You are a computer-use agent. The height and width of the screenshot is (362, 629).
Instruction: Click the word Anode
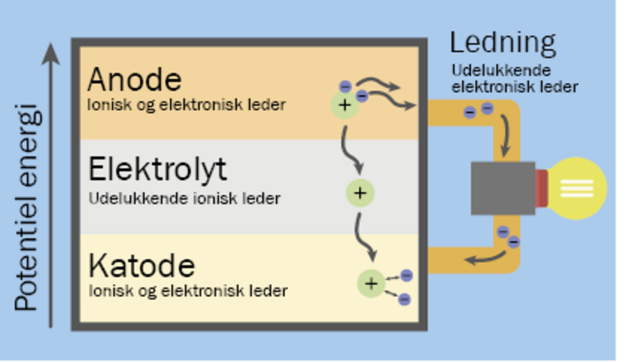pyautogui.click(x=134, y=79)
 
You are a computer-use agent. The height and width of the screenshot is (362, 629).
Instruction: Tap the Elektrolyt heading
pyautogui.click(x=157, y=169)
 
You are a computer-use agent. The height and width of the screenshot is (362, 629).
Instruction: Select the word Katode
pyautogui.click(x=142, y=265)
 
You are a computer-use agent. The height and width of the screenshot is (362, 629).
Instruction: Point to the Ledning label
pyautogui.click(x=502, y=43)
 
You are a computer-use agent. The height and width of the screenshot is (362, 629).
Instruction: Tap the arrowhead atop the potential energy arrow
pyautogui.click(x=51, y=53)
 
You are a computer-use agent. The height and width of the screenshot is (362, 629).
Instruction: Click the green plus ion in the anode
pyautogui.click(x=344, y=104)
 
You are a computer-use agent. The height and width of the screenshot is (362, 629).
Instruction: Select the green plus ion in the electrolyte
pyautogui.click(x=359, y=192)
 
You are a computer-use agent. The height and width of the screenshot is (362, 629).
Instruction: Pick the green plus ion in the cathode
pyautogui.click(x=370, y=283)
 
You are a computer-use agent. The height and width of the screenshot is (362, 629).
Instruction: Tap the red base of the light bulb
pyautogui.click(x=541, y=188)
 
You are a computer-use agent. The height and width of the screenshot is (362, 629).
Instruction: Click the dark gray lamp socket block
pyautogui.click(x=502, y=188)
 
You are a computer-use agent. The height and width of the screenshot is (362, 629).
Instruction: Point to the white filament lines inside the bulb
pyautogui.click(x=586, y=188)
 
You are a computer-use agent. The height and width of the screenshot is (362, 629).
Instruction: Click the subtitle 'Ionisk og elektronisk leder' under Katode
pyautogui.click(x=187, y=291)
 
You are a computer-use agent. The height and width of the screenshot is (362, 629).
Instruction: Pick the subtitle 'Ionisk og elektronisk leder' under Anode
pyautogui.click(x=187, y=104)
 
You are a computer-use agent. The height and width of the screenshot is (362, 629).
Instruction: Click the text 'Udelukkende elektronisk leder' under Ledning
pyautogui.click(x=514, y=78)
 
